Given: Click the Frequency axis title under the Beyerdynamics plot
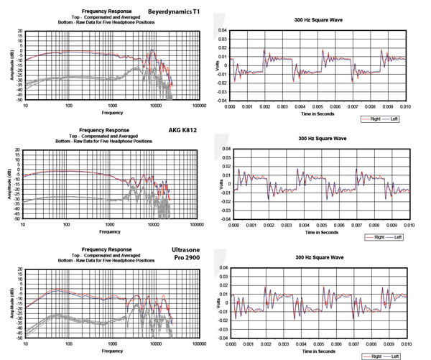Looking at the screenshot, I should pyautogui.click(x=111, y=113).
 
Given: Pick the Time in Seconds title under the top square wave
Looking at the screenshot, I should pyautogui.click(x=319, y=113).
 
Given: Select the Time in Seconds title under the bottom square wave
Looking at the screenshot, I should pyautogui.click(x=318, y=353).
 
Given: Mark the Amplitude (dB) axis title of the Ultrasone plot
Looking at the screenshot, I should pyautogui.click(x=10, y=304).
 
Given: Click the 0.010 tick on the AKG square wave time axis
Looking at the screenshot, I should pyautogui.click(x=407, y=226).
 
